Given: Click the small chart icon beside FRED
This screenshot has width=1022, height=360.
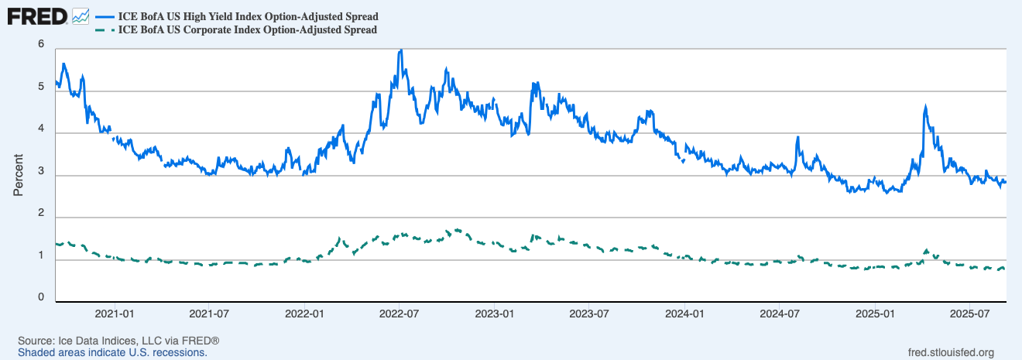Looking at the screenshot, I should [x=81, y=15].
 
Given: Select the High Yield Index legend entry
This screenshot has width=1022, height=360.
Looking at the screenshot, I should [x=249, y=16].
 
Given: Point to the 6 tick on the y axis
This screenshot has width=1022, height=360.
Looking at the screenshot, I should [x=40, y=44].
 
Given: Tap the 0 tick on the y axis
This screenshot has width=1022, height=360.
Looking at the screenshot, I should [x=40, y=297].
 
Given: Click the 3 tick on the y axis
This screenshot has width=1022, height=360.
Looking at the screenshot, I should [x=40, y=171].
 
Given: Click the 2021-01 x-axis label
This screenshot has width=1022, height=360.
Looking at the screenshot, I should [x=115, y=314].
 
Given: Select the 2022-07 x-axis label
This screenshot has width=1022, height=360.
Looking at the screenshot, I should [x=400, y=314].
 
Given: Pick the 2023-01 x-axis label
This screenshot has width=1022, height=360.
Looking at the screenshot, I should [x=496, y=314].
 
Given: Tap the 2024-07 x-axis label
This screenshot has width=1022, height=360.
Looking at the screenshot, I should [x=780, y=314].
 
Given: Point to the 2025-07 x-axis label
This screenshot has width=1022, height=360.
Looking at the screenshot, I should [x=971, y=314].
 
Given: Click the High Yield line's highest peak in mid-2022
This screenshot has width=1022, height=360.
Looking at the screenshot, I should [x=400, y=51].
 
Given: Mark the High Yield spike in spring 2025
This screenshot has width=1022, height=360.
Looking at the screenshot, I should [x=925, y=108].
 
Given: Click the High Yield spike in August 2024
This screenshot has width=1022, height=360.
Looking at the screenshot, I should [x=797, y=139].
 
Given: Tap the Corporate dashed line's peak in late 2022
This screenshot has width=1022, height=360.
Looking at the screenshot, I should [x=458, y=230].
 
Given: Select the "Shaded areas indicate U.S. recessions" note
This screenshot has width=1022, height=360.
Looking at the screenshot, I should [x=112, y=352].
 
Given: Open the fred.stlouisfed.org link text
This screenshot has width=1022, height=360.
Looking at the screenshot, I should [x=950, y=352].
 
